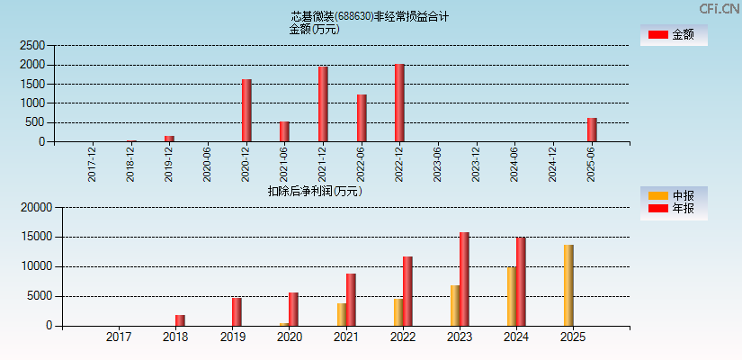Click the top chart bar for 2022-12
pyautogui.click(x=399, y=103)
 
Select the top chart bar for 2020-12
pyautogui.click(x=246, y=111)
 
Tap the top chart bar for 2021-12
pyautogui.click(x=323, y=103)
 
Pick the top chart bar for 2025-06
pyautogui.click(x=592, y=130)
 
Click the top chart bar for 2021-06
pyautogui.click(x=284, y=131)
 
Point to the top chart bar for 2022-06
pyautogui.click(x=362, y=118)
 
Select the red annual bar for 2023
pyautogui.click(x=464, y=279)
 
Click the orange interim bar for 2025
pyautogui.click(x=568, y=285)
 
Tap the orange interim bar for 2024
pyautogui.click(x=511, y=296)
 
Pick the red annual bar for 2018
pyautogui.click(x=180, y=320)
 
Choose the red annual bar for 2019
pyautogui.click(x=237, y=311)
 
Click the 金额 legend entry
pyautogui.click(x=673, y=34)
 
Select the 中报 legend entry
pyautogui.click(x=673, y=195)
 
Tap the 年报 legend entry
pyautogui.click(x=673, y=209)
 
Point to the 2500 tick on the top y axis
pyautogui.click(x=32, y=45)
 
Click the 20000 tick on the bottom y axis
pyautogui.click(x=36, y=208)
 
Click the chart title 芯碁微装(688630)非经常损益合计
pyautogui.click(x=370, y=16)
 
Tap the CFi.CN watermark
pyautogui.click(x=719, y=8)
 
